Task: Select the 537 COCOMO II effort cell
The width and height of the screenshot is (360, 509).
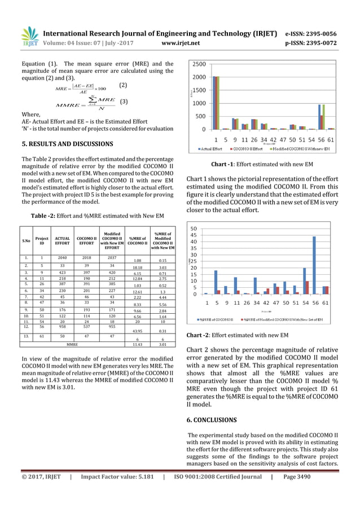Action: [x=87, y=326]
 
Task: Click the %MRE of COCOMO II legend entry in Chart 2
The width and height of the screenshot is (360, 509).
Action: [x=218, y=319]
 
